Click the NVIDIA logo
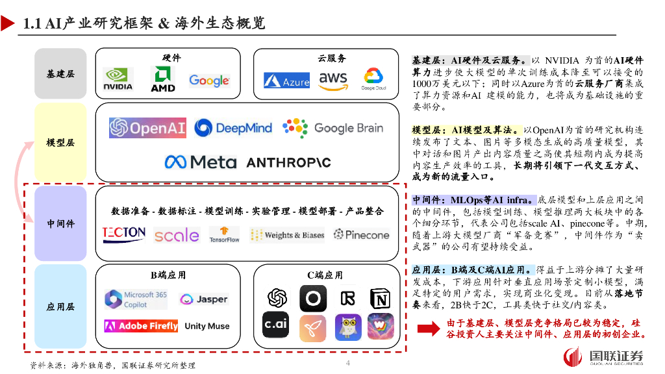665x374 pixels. (x=118, y=79)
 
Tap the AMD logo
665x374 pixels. (x=163, y=79)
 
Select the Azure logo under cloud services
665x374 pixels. (x=286, y=81)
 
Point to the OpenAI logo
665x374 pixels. (x=147, y=127)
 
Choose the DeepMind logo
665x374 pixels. (x=233, y=128)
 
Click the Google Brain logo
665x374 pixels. (x=332, y=127)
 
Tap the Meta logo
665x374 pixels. (x=200, y=162)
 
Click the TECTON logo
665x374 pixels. (x=124, y=234)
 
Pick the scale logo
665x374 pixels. (x=176, y=235)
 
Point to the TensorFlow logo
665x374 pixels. (x=224, y=234)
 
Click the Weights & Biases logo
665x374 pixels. (x=286, y=235)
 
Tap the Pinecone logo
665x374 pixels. (x=361, y=234)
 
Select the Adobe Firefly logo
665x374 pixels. (x=141, y=326)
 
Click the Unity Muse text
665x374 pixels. (x=207, y=326)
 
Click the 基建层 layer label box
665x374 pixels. (x=60, y=73)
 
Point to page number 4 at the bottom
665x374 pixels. (x=348, y=363)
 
